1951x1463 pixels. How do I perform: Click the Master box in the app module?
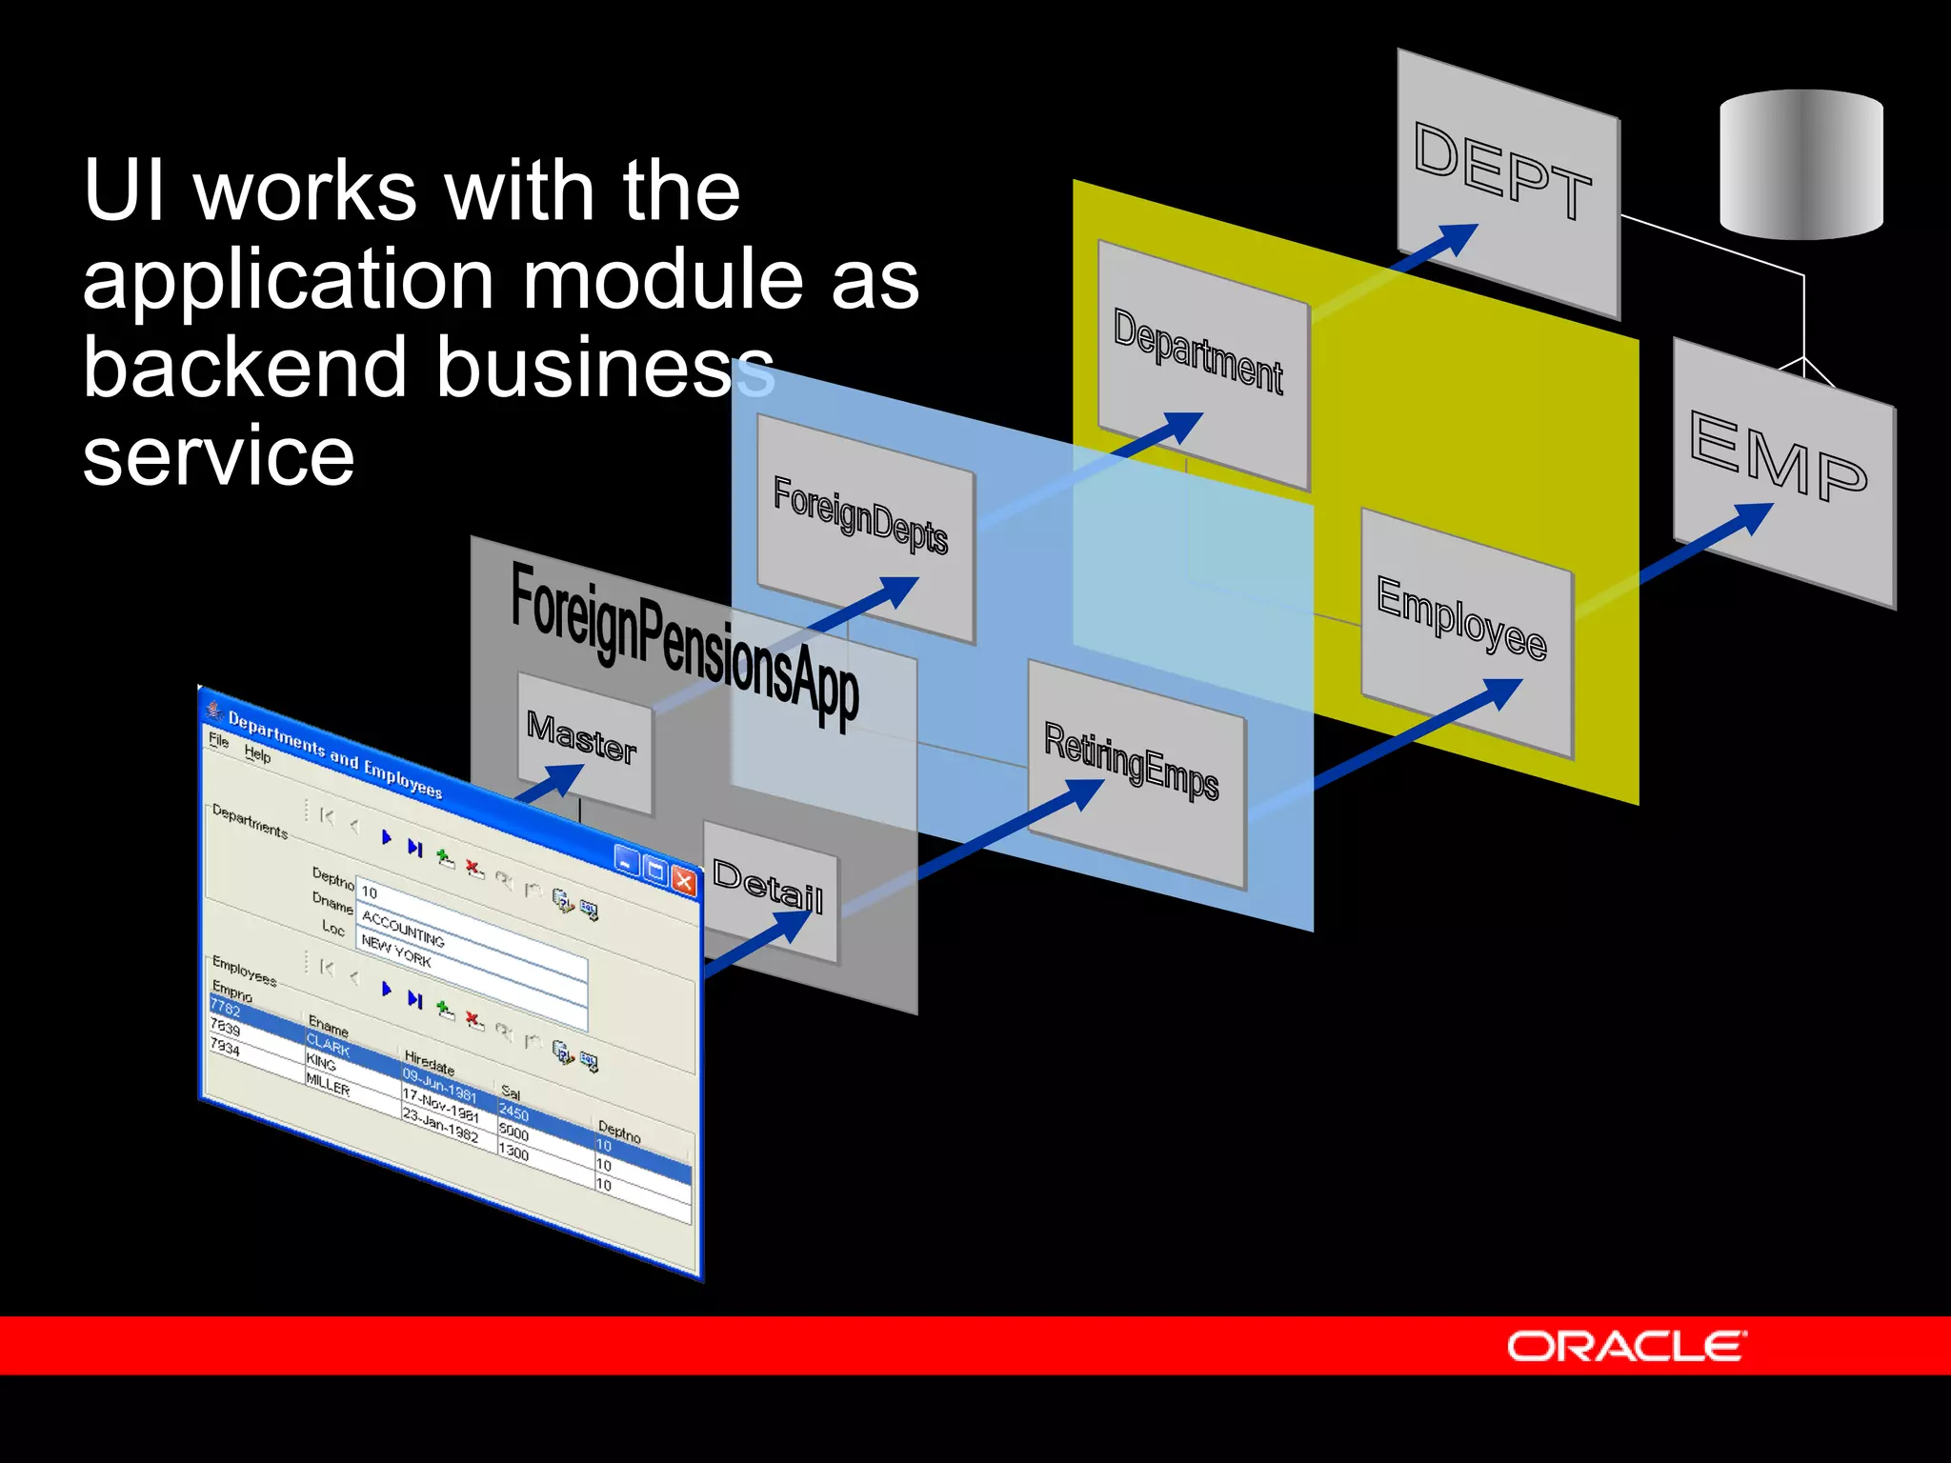(583, 739)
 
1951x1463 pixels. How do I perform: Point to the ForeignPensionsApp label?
(684, 644)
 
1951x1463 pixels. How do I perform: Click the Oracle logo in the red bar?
(1625, 1346)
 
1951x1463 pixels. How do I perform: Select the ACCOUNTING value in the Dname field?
(403, 929)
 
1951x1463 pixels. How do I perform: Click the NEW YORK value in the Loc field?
(396, 952)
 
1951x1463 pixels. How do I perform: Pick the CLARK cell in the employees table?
(329, 1047)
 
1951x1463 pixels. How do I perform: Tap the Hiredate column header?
(429, 1062)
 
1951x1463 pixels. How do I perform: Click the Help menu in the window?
(257, 754)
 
